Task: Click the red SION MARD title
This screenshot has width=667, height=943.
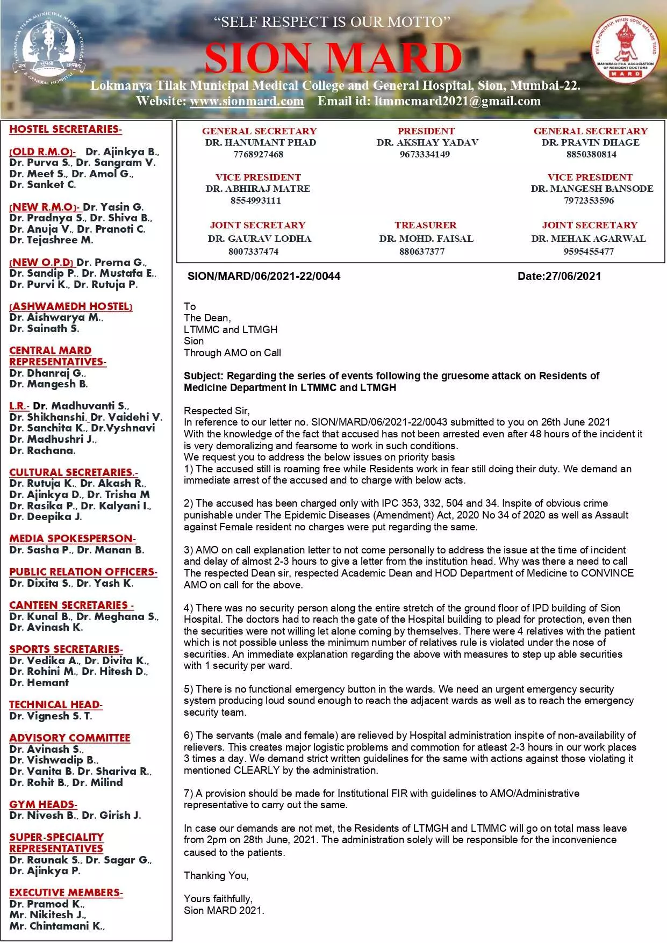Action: click(x=333, y=58)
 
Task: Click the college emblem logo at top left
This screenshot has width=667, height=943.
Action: click(x=48, y=49)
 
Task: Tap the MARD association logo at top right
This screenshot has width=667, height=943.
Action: click(x=625, y=49)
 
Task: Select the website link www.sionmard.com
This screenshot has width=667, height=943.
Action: click(x=247, y=101)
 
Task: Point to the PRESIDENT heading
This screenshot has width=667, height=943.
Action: click(x=426, y=131)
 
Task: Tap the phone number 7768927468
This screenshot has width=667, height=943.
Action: click(x=258, y=154)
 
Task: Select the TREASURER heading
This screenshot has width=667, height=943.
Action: click(x=425, y=225)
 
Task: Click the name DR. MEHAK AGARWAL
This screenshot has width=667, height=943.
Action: click(x=589, y=239)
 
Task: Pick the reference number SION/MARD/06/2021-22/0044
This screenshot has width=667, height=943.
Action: click(x=264, y=276)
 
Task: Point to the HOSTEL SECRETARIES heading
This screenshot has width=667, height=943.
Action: click(x=66, y=129)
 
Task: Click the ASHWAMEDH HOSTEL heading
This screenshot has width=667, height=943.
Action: click(x=71, y=306)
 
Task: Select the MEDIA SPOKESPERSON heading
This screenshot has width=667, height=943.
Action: click(x=73, y=538)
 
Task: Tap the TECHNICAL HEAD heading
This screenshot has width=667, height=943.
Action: click(x=56, y=704)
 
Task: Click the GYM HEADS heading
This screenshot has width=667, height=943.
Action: click(x=43, y=804)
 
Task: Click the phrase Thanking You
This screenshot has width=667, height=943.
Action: click(x=216, y=876)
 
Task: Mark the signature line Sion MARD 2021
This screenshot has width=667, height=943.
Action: click(x=224, y=910)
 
